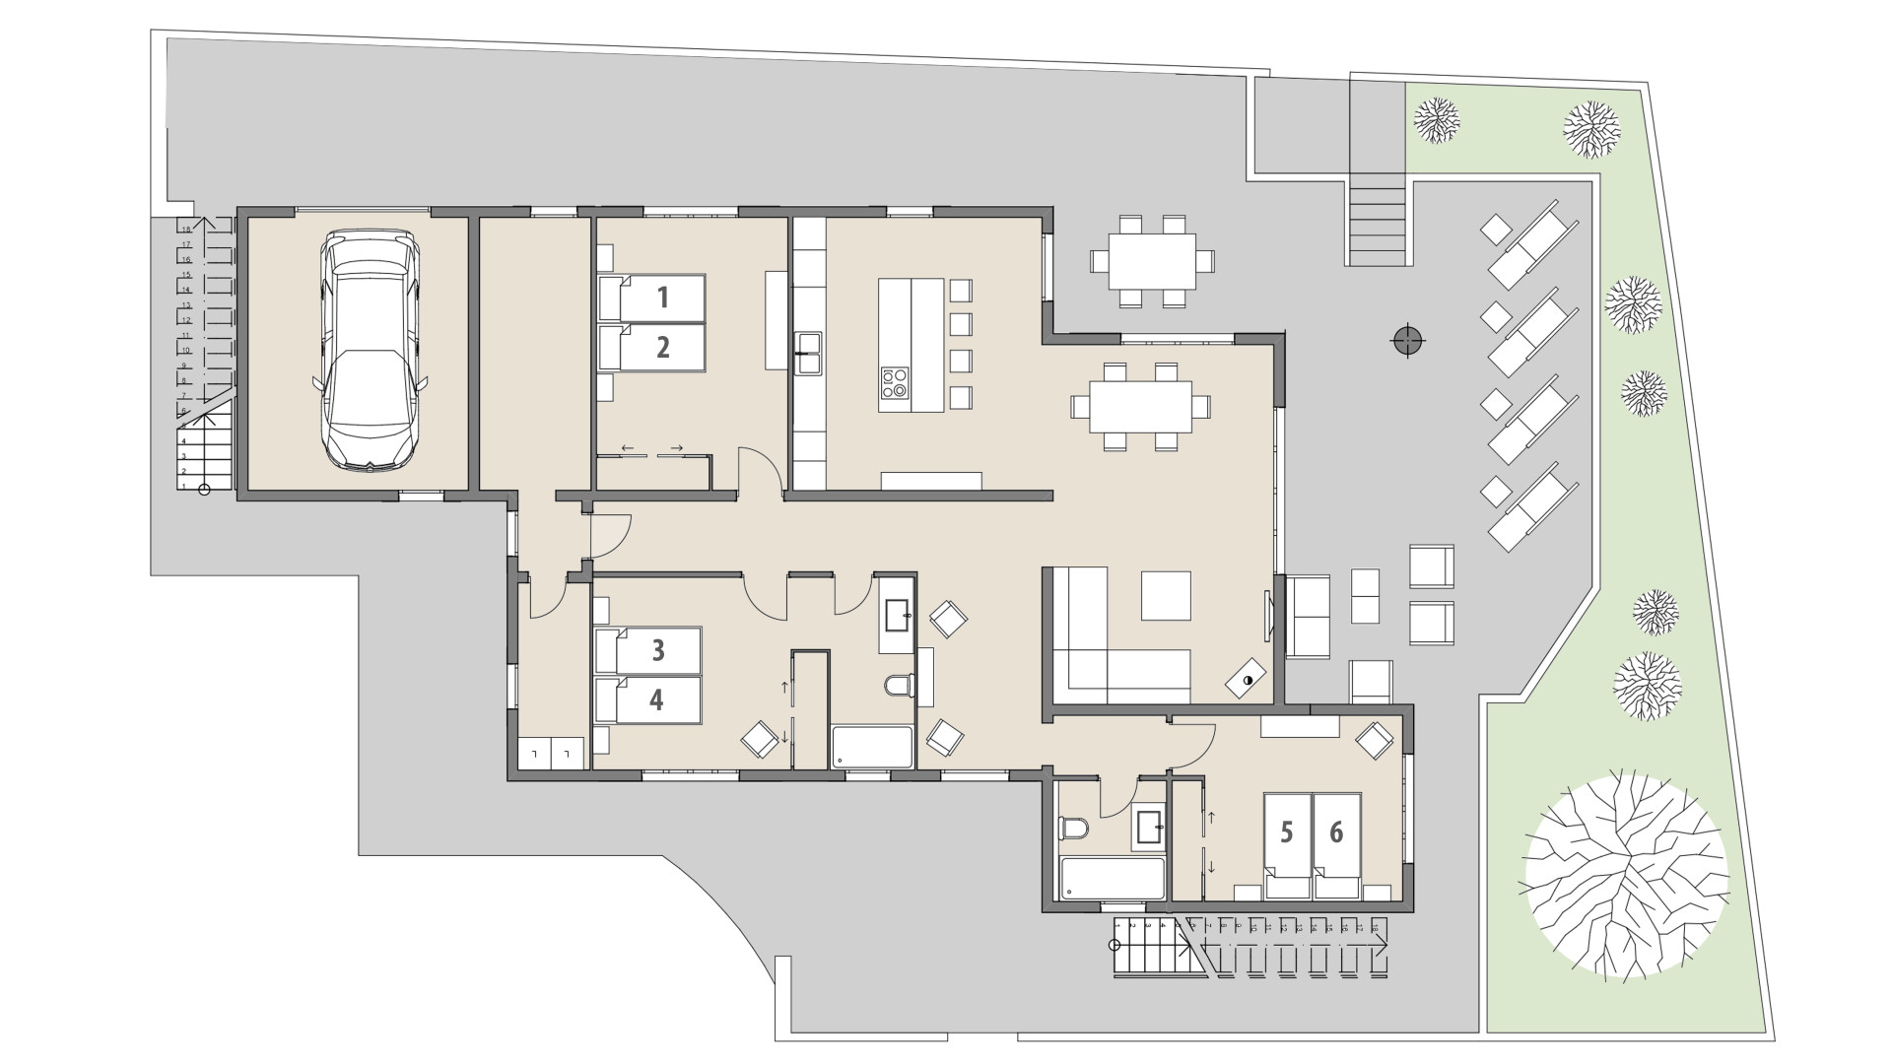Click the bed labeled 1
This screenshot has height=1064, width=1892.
[x=652, y=298]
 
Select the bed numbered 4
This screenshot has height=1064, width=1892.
[x=647, y=699]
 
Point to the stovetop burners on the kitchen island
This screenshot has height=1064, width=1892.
[x=895, y=382]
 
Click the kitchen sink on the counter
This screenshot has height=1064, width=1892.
[x=809, y=352]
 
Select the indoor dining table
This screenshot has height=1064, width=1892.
[x=1140, y=406]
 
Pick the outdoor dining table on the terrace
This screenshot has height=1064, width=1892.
[x=1151, y=261]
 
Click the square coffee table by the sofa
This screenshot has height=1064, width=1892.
[x=1166, y=595]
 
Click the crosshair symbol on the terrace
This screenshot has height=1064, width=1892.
[x=1408, y=342]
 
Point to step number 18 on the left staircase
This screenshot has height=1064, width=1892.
[x=184, y=229]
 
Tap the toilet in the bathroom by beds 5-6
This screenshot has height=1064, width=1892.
[x=1071, y=829]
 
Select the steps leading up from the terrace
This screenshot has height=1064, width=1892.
[x=1377, y=221]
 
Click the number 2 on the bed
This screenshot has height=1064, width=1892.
[x=662, y=347]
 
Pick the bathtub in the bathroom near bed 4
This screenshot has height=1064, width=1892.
[x=873, y=747]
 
